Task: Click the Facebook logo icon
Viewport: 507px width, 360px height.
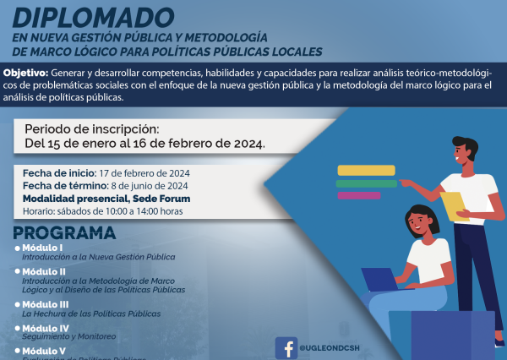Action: pos(286,346)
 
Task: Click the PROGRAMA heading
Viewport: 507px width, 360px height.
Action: pos(64,232)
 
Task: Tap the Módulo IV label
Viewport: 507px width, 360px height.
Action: pos(46,327)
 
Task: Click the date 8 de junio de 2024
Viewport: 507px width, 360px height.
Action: pos(149,185)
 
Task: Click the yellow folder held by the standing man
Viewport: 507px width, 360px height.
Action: pos(454,205)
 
